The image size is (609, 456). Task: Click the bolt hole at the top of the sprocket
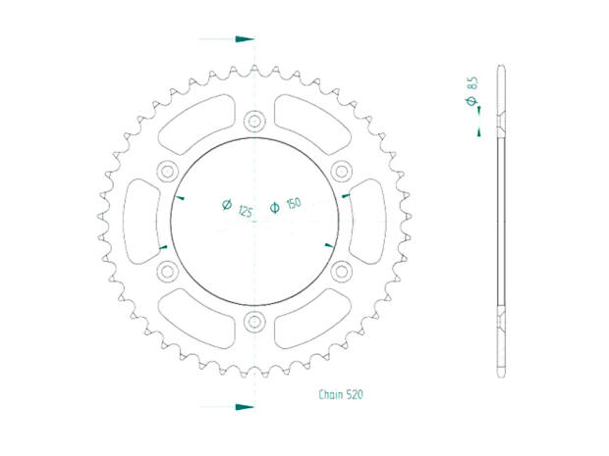tap(254, 122)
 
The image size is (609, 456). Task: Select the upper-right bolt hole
tap(341, 171)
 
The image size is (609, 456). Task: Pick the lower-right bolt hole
tap(341, 270)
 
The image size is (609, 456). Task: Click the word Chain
tap(331, 394)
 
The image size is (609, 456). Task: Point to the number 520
tap(355, 394)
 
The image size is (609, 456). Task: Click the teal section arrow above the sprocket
tap(241, 40)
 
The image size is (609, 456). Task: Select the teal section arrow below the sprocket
tap(241, 404)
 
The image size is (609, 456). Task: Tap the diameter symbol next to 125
tap(226, 206)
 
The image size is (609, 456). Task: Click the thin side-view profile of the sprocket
tap(501, 221)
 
